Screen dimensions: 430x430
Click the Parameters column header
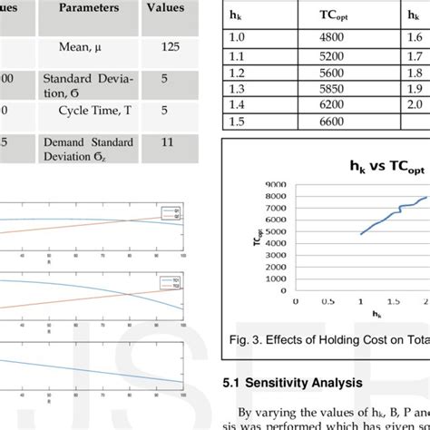point(88,8)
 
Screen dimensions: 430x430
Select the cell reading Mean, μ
point(88,46)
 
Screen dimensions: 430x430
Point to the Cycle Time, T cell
point(88,111)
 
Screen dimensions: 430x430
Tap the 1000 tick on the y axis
point(275,282)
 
